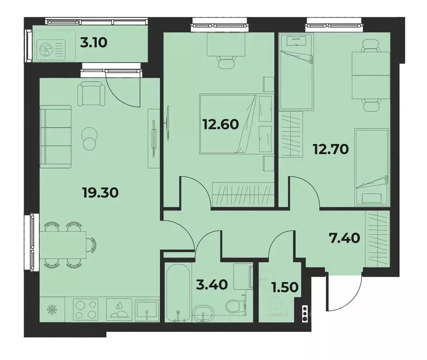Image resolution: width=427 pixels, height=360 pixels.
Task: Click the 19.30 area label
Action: click(100, 193)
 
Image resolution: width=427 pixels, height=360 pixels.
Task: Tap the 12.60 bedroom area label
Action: click(221, 124)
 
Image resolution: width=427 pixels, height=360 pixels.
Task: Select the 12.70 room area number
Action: click(331, 149)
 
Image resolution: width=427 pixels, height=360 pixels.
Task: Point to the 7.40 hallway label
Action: click(344, 238)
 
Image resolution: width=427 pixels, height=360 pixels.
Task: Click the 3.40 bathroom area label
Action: click(212, 285)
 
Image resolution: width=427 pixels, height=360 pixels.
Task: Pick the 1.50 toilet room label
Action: click(285, 287)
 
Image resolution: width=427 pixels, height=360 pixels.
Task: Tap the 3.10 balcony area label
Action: click(94, 43)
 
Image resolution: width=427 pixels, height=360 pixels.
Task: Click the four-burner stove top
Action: click(85, 309)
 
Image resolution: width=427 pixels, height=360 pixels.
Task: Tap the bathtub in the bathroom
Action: click(178, 292)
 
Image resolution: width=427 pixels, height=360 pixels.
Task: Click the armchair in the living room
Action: click(91, 94)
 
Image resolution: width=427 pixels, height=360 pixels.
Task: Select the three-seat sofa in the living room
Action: click(56, 137)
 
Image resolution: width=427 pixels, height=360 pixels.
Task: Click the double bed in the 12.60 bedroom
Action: click(236, 124)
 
